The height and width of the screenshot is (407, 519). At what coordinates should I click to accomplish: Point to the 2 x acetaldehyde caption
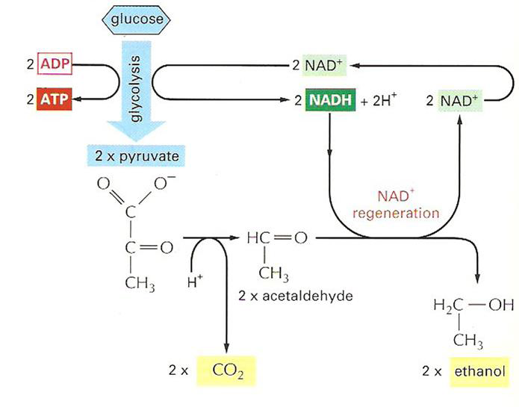(x=292, y=294)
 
